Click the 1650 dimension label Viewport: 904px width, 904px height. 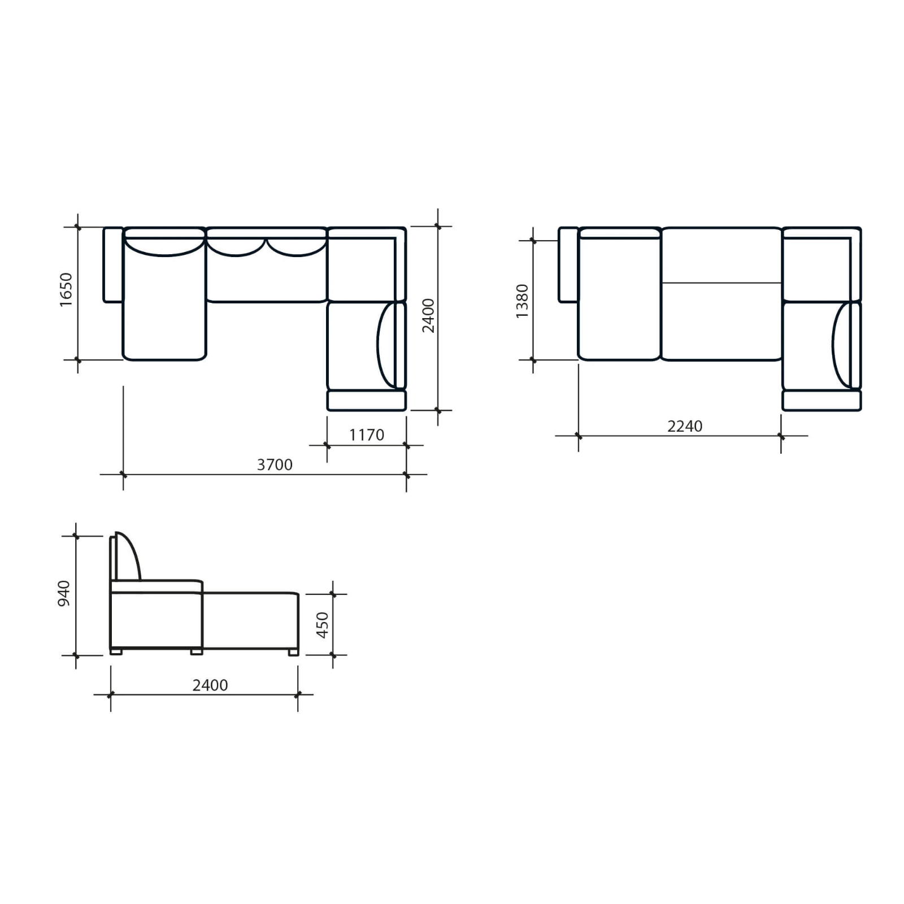tap(66, 289)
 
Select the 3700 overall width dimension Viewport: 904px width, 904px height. tap(275, 464)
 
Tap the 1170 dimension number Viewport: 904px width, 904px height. tap(367, 434)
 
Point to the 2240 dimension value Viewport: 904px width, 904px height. tap(685, 426)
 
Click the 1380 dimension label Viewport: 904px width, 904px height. tap(522, 301)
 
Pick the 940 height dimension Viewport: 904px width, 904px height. tap(64, 593)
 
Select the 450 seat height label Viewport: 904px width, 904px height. tap(322, 625)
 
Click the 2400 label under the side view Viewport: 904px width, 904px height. tap(210, 685)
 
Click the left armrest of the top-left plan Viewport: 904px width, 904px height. tap(113, 265)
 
